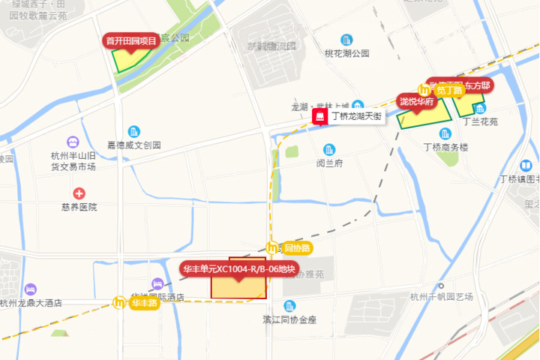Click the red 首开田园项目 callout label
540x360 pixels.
131,40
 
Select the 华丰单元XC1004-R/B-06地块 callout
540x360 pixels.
239,268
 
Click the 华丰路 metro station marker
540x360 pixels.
119,303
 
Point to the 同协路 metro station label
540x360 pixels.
295,247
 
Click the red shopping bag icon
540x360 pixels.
319,117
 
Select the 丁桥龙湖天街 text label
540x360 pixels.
356,117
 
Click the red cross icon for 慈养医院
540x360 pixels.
79,193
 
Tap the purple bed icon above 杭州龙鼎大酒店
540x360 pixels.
30,289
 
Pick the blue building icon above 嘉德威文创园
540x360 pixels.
133,131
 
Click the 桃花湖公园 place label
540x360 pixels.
346,53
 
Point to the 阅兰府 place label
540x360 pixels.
329,163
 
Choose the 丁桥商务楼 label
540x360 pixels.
445,148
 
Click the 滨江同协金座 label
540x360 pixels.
289,319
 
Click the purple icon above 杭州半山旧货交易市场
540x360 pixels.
72,142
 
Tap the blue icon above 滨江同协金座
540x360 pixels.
289,305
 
